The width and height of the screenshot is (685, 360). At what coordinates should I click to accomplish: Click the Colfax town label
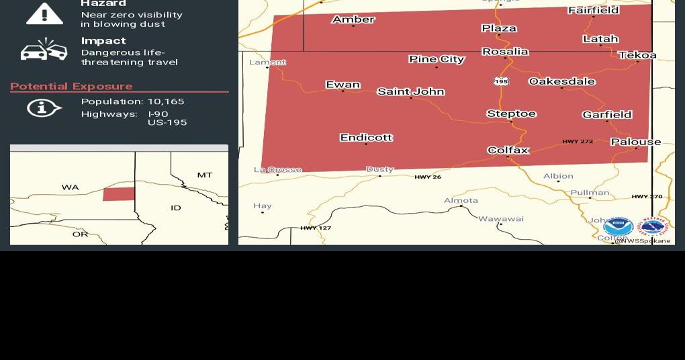[508, 150]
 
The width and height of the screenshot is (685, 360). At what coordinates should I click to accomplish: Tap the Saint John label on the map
[410, 91]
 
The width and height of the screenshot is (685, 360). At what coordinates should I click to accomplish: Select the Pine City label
[437, 59]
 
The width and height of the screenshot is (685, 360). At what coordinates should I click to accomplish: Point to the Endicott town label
[366, 137]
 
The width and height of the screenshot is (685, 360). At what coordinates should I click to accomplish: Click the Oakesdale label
[561, 81]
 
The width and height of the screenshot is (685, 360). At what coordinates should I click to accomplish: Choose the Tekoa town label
[637, 55]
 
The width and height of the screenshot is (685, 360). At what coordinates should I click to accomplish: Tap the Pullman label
[590, 193]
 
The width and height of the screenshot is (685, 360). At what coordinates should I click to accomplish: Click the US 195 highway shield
[501, 81]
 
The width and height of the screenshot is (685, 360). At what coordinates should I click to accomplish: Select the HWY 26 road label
[428, 177]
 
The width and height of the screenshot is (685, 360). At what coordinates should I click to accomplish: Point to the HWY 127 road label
[316, 228]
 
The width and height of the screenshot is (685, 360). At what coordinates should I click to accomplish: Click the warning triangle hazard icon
[44, 13]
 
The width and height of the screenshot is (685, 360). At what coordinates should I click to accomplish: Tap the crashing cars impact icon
[44, 50]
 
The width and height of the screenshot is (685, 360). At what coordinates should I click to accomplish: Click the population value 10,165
[166, 101]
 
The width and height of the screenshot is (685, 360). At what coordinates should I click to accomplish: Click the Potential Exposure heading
[71, 86]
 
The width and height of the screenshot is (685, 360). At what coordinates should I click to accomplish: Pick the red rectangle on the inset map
[118, 193]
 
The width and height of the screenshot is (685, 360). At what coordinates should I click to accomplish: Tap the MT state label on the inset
[205, 175]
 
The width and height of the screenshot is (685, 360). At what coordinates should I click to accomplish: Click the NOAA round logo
[618, 226]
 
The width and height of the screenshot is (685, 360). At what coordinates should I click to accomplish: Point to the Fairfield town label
[593, 10]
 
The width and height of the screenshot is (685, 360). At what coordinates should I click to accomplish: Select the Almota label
[461, 200]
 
